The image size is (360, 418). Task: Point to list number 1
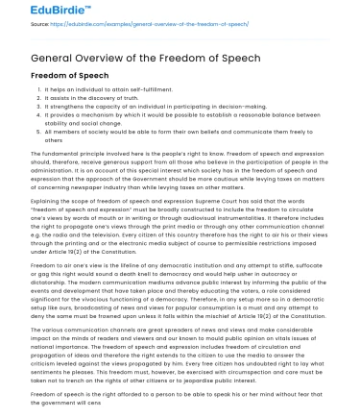point(22,90)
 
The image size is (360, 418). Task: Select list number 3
point(22,107)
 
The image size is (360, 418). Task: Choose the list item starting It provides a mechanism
point(144,115)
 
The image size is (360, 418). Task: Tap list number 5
point(22,132)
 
